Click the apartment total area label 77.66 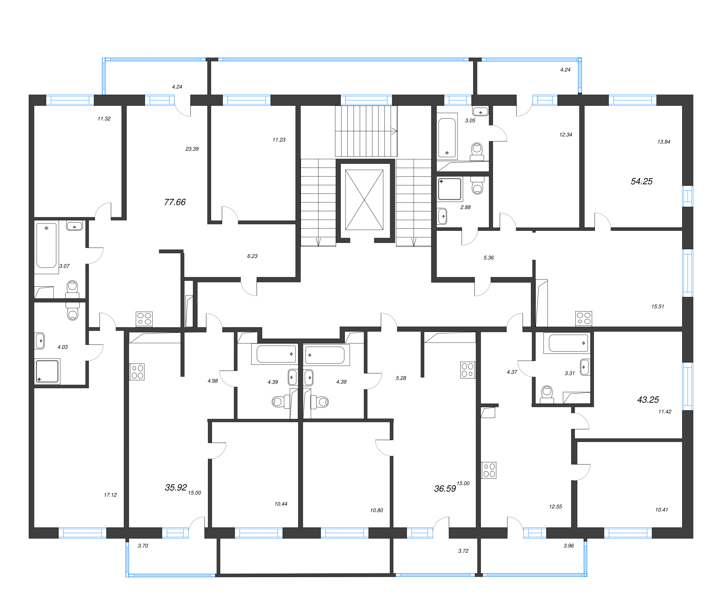click(175, 202)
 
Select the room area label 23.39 click(192, 149)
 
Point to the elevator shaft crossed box click(364, 200)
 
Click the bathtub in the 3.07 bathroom click(46, 245)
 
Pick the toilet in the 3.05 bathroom click(477, 152)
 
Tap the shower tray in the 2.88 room click(449, 189)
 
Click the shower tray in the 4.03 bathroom click(47, 371)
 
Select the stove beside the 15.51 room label click(583, 319)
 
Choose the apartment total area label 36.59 click(444, 488)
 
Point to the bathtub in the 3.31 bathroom click(568, 343)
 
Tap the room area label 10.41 click(661, 510)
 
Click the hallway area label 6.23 click(252, 256)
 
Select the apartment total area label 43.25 click(648, 400)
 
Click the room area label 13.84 click(664, 142)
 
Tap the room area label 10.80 click(377, 510)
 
